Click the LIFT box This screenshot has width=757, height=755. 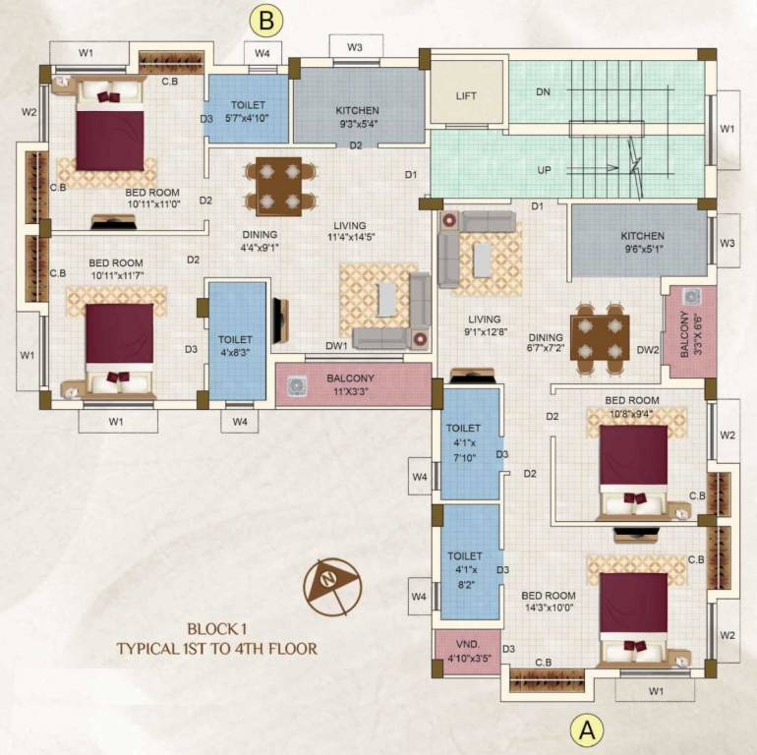466,95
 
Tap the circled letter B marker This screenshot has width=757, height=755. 266,19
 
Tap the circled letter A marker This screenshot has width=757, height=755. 587,729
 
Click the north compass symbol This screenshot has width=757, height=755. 331,587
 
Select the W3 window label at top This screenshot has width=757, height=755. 355,47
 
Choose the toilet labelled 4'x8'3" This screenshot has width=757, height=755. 237,339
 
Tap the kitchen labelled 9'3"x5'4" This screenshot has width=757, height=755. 357,110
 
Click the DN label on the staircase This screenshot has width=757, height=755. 543,91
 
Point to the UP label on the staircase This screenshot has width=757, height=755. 544,169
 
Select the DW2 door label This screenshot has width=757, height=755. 646,349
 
